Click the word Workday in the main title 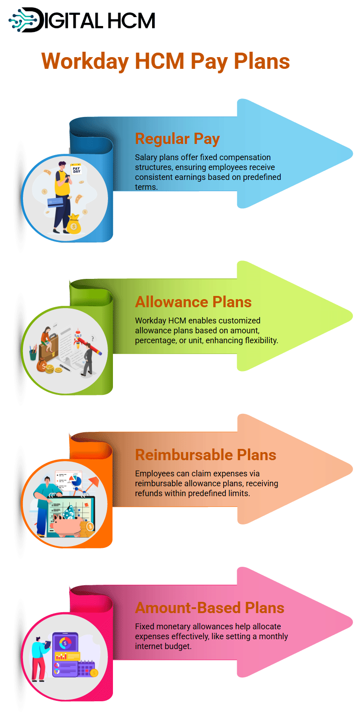[x=85, y=62]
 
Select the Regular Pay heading [x=177, y=139]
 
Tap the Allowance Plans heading [x=193, y=302]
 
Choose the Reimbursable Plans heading [x=206, y=455]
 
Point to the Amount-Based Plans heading [x=210, y=608]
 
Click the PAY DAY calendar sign [x=76, y=169]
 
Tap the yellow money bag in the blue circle [x=74, y=224]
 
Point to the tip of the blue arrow [x=352, y=153]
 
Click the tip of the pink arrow [x=352, y=622]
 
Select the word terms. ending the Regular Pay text [x=146, y=187]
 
